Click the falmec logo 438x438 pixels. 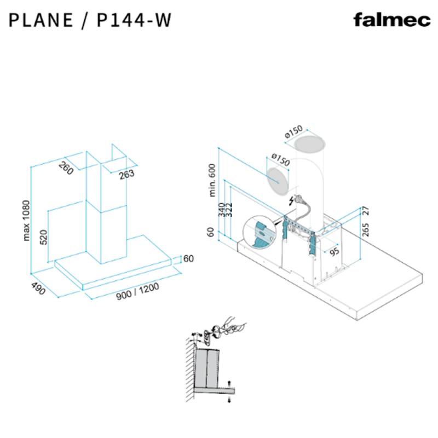pos(391,20)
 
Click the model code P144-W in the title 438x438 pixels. pos(134,20)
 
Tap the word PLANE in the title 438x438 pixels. pos(41,20)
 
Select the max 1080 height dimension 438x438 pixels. pos(26,221)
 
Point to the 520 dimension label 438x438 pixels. pos(44,237)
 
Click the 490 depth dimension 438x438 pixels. pos(38,289)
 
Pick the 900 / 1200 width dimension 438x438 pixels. pos(137,291)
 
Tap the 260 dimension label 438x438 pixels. pos(66,169)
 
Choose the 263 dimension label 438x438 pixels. pos(126,175)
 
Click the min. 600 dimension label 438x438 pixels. pos(212,180)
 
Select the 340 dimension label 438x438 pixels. pos(222,210)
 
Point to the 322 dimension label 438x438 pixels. pos(229,210)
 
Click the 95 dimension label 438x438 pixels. pos(335,251)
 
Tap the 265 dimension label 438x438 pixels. pos(365,229)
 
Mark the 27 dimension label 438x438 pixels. pos(365,210)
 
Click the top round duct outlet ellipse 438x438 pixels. pos(310,143)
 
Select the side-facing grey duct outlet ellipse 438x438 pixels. pos(278,181)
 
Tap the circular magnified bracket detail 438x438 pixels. pos(260,232)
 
